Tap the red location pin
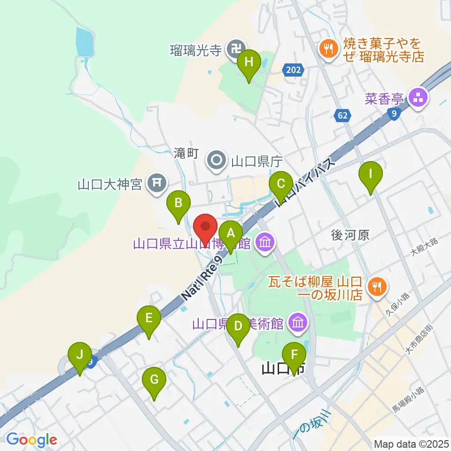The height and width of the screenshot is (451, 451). point(205,229)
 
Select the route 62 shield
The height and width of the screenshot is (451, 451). point(343,115)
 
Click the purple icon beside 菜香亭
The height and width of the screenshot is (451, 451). point(416,99)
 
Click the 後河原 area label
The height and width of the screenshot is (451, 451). point(351,235)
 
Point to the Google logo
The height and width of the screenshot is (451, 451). point(31,440)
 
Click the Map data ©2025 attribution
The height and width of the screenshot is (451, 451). point(411,443)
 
